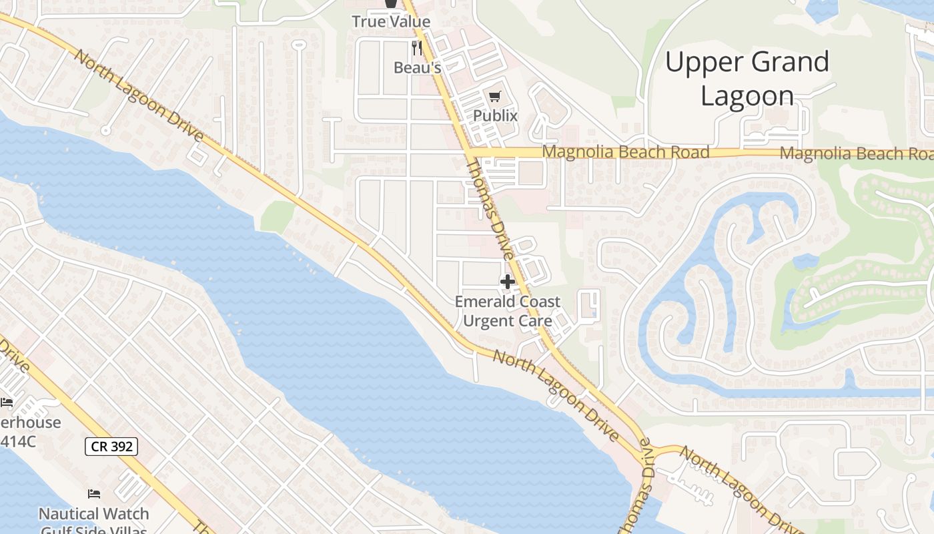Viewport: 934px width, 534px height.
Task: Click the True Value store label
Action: pyautogui.click(x=391, y=21)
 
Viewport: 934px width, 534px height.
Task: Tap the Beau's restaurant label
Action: pyautogui.click(x=417, y=67)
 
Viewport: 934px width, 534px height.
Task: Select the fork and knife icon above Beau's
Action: pyautogui.click(x=417, y=47)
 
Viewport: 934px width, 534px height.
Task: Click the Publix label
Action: pyautogui.click(x=495, y=115)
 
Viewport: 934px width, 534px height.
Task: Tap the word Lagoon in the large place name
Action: pyautogui.click(x=747, y=96)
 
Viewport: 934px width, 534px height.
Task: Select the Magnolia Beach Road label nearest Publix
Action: pyautogui.click(x=625, y=152)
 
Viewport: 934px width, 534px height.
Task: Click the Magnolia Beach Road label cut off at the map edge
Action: pyautogui.click(x=857, y=154)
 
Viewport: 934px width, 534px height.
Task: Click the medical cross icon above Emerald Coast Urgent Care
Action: pyautogui.click(x=508, y=282)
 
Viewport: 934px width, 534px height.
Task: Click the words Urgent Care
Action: pyautogui.click(x=508, y=320)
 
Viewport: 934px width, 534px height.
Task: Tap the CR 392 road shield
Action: pyautogui.click(x=111, y=447)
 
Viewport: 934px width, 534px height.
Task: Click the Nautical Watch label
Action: pyautogui.click(x=93, y=514)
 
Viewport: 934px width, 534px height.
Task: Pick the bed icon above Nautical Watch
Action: pyautogui.click(x=94, y=494)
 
